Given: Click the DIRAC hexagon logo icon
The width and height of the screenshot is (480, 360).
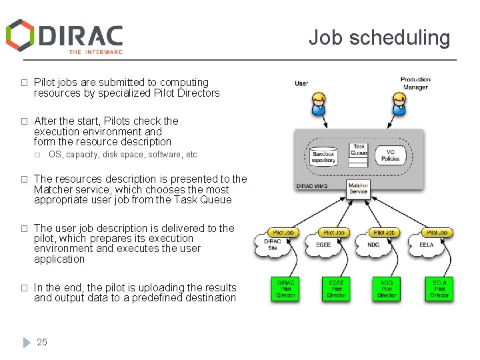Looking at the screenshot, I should [x=20, y=35].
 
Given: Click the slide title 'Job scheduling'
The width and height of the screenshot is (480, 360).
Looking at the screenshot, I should [x=379, y=37].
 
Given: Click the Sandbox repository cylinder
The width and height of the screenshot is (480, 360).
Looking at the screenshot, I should [x=324, y=155].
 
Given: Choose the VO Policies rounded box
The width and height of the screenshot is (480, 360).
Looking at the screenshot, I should [x=391, y=155].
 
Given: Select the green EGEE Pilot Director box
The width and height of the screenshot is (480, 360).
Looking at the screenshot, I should [x=336, y=287].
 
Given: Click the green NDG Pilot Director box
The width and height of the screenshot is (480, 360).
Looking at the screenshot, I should [x=387, y=287].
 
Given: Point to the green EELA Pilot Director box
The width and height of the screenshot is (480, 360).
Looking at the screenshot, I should [x=439, y=287].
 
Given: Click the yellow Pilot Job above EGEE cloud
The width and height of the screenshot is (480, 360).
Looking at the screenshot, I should [x=334, y=233].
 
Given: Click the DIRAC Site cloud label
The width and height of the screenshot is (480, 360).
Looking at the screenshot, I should [x=273, y=245].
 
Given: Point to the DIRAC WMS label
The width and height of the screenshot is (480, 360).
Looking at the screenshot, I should [x=311, y=186].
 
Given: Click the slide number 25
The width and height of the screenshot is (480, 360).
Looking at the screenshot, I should [x=42, y=342].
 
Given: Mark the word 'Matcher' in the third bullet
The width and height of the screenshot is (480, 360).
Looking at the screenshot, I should [x=52, y=189].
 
